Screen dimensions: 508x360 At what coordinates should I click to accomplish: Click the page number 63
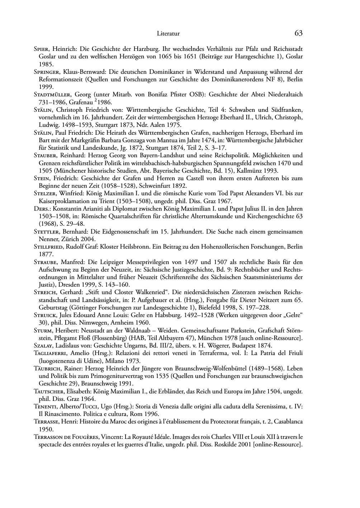298,33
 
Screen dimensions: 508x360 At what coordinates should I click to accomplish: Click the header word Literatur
168,34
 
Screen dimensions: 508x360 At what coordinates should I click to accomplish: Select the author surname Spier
41,49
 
